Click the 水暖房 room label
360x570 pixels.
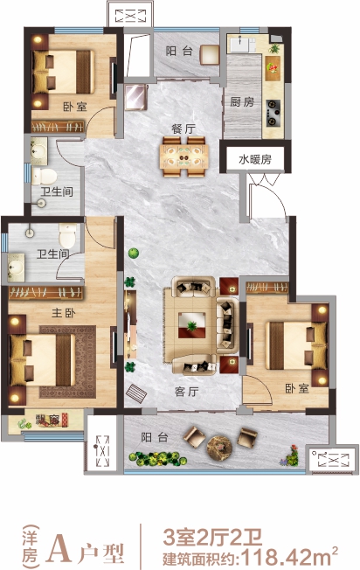click(x=255, y=159)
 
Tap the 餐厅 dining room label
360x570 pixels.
click(x=183, y=129)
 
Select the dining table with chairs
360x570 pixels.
click(x=183, y=156)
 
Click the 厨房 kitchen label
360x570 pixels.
click(x=242, y=101)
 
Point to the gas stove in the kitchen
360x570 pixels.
click(x=273, y=113)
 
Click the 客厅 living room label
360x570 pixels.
click(x=186, y=392)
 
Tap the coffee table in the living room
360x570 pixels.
click(x=191, y=324)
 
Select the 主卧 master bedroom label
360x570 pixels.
click(x=64, y=313)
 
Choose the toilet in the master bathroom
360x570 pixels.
click(x=67, y=235)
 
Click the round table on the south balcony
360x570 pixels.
click(x=219, y=447)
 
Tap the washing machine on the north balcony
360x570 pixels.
click(x=210, y=54)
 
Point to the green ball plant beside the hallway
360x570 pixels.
click(x=134, y=253)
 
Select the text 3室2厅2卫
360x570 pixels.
click(x=212, y=538)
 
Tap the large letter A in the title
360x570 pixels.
click(x=60, y=549)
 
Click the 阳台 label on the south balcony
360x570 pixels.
click(x=155, y=437)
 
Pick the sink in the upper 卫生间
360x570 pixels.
click(x=39, y=149)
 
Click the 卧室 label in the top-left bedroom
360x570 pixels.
click(x=75, y=107)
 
